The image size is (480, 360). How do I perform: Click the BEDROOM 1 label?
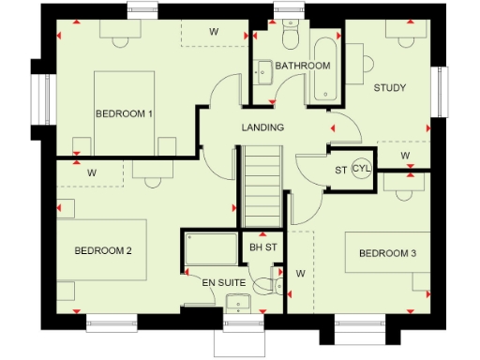[125, 113]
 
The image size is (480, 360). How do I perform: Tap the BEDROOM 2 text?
[102, 250]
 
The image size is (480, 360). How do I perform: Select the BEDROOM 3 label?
[386, 254]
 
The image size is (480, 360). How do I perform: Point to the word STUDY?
[390, 88]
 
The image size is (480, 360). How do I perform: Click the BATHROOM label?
[302, 66]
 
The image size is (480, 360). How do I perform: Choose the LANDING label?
[262, 127]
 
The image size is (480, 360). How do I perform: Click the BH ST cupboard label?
[262, 247]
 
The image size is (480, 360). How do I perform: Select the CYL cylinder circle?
[362, 169]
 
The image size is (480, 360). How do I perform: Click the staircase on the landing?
[262, 187]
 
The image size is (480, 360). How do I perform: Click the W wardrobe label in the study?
[405, 155]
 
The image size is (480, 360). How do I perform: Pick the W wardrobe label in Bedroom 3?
[301, 274]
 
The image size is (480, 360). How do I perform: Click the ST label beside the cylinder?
[340, 170]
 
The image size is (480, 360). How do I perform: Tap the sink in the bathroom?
[264, 70]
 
